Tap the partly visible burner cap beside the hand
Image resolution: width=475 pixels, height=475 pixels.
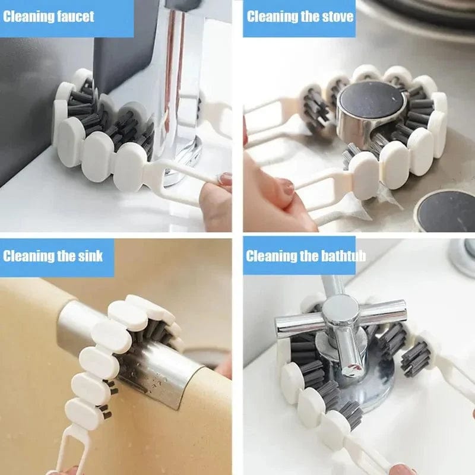[x=445, y=211]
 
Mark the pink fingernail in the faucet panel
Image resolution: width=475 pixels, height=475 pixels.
[x=225, y=178]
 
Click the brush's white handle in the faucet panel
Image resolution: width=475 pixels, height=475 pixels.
[x=178, y=178]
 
